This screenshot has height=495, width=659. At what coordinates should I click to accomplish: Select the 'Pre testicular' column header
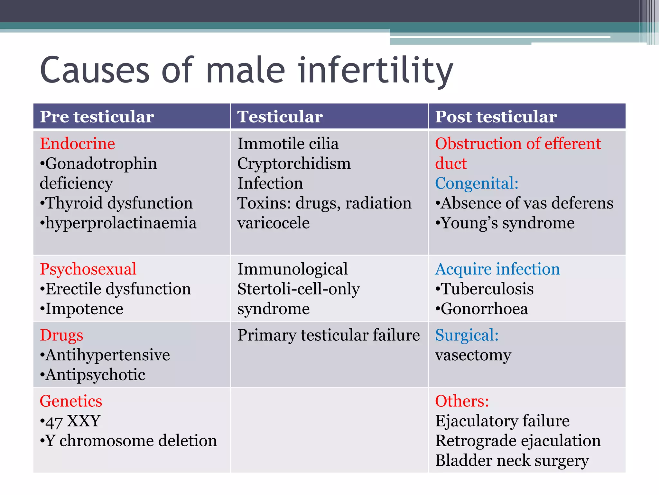[97, 117]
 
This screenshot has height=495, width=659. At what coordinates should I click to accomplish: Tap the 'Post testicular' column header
[496, 117]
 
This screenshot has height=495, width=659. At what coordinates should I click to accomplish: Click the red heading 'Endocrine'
[77, 144]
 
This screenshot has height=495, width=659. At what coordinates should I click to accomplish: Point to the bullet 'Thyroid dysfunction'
[116, 203]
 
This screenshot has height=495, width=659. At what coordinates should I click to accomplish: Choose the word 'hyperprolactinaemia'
[118, 223]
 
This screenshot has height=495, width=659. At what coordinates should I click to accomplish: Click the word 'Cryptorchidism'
[294, 164]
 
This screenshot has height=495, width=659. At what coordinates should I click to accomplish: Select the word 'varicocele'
[274, 223]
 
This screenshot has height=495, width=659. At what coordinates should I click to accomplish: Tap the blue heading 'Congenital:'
[477, 183]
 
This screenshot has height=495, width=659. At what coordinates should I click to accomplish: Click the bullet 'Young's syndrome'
[505, 223]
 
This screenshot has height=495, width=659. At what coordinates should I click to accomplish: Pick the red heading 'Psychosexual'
[88, 269]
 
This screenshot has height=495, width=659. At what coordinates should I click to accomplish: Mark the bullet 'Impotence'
[82, 309]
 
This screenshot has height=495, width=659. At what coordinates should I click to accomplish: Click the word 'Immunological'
[292, 269]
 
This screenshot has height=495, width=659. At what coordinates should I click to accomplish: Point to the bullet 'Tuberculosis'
[485, 289]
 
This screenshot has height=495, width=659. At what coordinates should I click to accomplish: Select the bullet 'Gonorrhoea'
[482, 309]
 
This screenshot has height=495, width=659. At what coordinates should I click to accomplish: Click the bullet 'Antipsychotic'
[93, 375]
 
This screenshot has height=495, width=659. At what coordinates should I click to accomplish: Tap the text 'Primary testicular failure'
[329, 335]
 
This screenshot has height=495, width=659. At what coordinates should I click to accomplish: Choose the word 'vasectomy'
[473, 355]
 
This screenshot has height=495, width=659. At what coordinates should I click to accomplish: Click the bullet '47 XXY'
[70, 421]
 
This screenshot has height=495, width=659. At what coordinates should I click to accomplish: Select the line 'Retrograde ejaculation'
[518, 441]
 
